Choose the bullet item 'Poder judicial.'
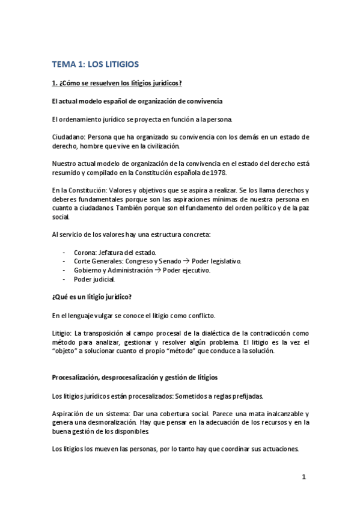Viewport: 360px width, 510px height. [x=93, y=279]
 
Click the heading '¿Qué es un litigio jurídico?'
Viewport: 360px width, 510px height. [x=93, y=297]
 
